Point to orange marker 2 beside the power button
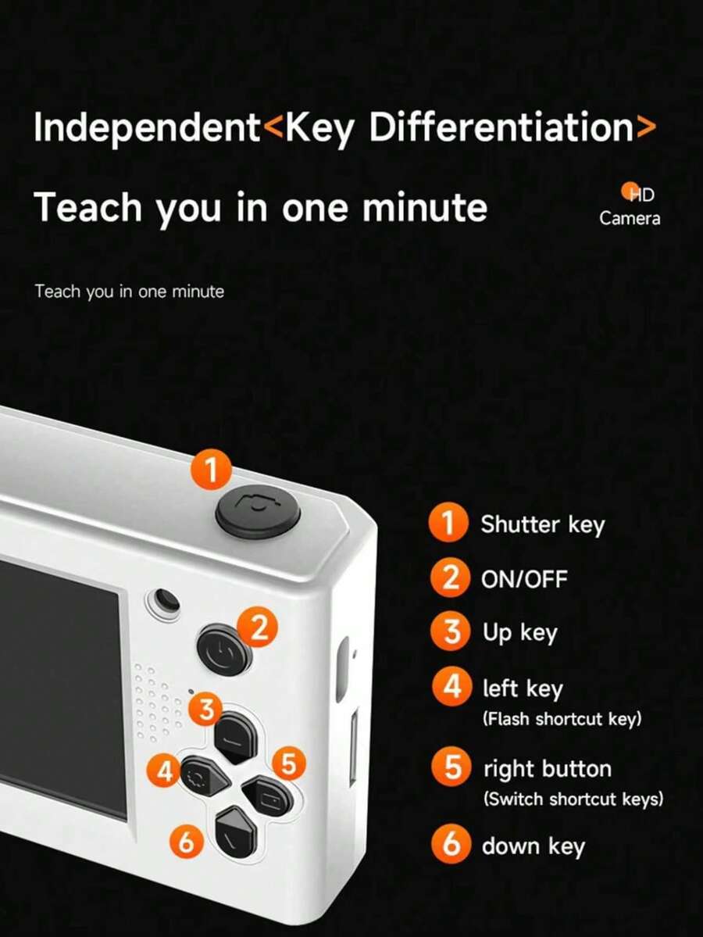(x=258, y=628)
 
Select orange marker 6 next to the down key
(x=187, y=842)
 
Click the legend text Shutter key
(x=542, y=525)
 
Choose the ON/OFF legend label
(x=524, y=578)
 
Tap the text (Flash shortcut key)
(x=562, y=718)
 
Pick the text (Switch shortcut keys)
(x=573, y=799)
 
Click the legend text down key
(x=533, y=847)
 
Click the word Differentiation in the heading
(x=501, y=127)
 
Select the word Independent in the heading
(x=147, y=128)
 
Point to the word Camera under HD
(x=630, y=218)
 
